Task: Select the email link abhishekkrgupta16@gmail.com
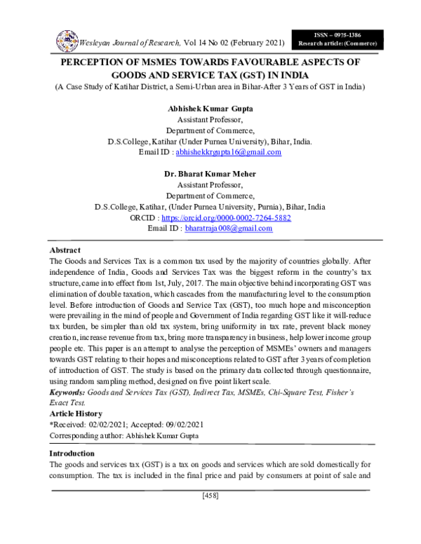pos(228,151)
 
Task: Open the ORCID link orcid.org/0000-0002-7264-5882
pos(236,218)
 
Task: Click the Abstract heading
pos(65,250)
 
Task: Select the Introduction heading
pos(74,454)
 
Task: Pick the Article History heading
pos(76,414)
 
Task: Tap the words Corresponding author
pos(86,435)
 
